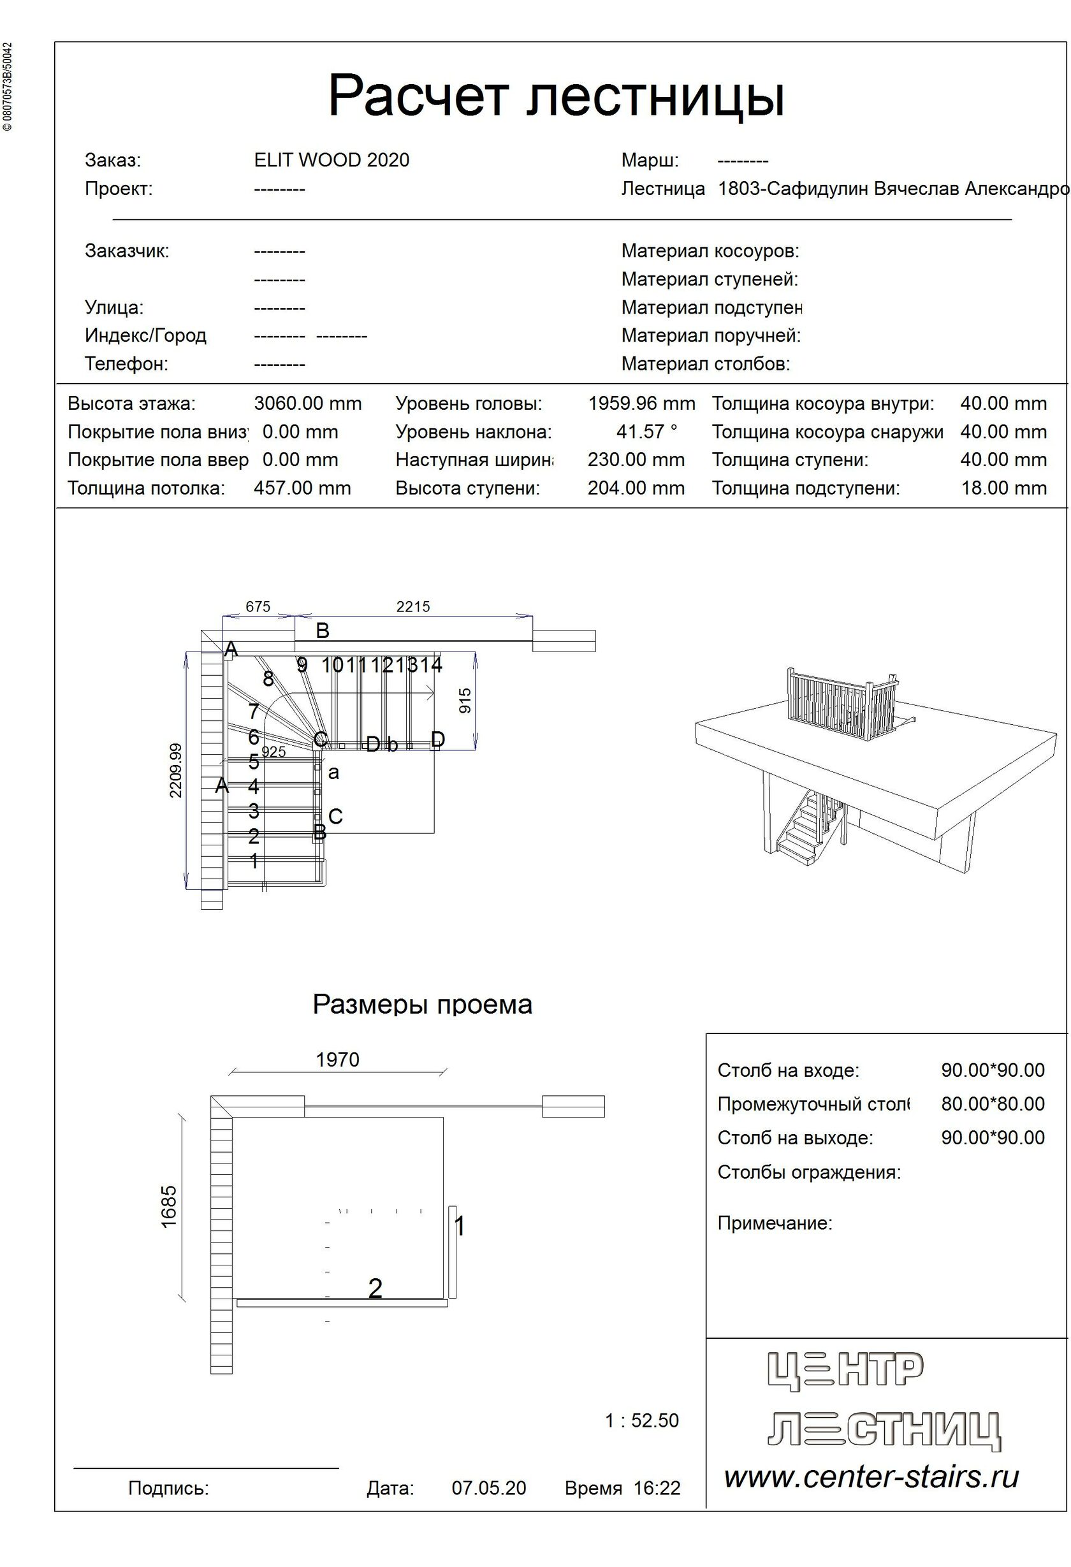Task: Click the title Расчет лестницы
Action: point(557,96)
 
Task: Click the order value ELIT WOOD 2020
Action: point(331,160)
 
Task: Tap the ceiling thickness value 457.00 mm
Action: point(302,488)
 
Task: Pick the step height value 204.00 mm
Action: point(636,488)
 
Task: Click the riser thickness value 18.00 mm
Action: point(1003,488)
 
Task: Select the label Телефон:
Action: point(126,364)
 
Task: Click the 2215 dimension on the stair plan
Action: point(412,606)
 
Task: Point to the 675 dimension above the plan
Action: point(258,606)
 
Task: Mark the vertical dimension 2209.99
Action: point(175,770)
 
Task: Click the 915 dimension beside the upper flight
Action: point(465,701)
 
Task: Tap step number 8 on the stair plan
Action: point(268,679)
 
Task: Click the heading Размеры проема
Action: point(422,1005)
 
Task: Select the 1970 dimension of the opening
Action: point(337,1060)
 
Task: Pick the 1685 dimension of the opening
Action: point(168,1207)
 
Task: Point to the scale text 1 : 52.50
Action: point(641,1420)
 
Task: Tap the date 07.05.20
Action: point(488,1488)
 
